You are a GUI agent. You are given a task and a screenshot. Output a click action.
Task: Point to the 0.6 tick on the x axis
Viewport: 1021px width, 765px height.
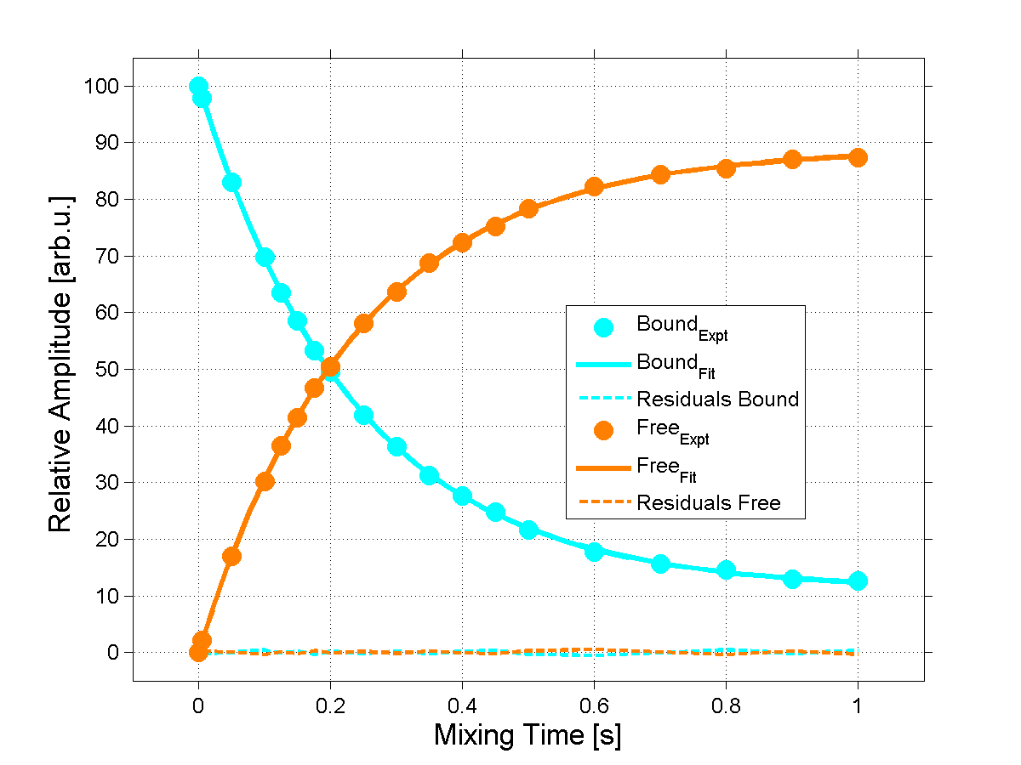point(594,705)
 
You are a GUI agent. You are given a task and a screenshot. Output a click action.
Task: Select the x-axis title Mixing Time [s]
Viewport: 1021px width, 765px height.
point(528,735)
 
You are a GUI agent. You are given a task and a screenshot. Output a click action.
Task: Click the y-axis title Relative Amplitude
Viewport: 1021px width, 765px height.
point(60,364)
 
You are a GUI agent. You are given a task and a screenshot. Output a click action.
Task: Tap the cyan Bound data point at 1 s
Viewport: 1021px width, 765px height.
point(858,581)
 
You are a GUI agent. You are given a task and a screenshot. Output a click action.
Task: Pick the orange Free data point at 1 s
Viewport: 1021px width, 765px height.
point(858,157)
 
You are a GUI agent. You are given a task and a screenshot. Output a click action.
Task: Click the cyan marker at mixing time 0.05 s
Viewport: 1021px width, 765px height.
point(231,183)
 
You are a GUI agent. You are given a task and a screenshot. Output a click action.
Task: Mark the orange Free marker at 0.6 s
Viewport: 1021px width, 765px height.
point(594,187)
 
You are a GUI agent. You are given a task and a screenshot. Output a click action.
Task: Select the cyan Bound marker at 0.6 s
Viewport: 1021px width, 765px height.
point(594,552)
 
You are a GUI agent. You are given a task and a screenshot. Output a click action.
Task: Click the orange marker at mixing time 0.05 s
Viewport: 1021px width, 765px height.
point(231,557)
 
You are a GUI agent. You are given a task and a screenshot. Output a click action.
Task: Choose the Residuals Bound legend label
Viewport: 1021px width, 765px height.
point(717,399)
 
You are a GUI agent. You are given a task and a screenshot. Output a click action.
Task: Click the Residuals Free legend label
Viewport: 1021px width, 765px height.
point(708,503)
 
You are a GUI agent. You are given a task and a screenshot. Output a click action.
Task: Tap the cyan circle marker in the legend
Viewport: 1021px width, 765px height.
point(602,326)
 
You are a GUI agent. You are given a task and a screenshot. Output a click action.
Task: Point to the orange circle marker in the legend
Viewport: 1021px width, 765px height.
point(602,431)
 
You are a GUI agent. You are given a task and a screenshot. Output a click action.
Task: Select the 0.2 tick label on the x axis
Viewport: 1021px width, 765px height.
point(330,705)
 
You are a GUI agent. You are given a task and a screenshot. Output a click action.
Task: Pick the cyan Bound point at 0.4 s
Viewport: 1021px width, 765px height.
point(462,496)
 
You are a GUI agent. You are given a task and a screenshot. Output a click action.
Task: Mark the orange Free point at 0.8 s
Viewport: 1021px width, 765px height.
point(726,168)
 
